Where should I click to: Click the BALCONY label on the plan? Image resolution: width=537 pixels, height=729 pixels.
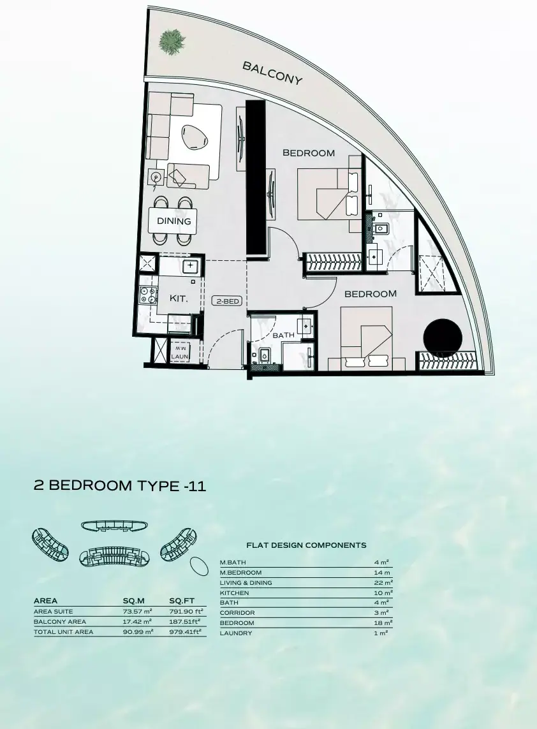[272, 73]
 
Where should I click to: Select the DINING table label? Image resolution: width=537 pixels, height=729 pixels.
[174, 221]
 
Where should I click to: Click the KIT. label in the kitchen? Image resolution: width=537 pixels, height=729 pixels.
[178, 298]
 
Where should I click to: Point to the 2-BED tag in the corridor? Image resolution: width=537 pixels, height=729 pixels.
[228, 301]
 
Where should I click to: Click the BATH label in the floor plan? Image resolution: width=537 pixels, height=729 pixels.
[284, 335]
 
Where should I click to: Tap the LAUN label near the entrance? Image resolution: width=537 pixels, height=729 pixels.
[179, 356]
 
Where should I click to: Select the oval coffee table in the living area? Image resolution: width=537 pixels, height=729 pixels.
[195, 137]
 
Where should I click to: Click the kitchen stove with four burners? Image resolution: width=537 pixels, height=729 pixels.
[149, 295]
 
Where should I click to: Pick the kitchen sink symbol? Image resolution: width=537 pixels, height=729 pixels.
[191, 266]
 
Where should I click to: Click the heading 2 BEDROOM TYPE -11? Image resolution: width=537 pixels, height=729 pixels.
[120, 486]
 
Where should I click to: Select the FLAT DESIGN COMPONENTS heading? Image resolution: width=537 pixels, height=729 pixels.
[306, 545]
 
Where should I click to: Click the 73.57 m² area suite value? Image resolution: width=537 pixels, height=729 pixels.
[138, 612]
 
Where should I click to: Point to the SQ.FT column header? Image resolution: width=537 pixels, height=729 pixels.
[182, 601]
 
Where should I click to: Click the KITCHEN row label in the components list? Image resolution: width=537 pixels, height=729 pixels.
[234, 593]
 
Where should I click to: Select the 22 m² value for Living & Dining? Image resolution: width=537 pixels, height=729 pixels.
[383, 582]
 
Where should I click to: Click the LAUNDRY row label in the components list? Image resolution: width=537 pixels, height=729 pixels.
[236, 633]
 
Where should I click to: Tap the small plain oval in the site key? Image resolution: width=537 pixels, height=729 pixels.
[199, 567]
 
